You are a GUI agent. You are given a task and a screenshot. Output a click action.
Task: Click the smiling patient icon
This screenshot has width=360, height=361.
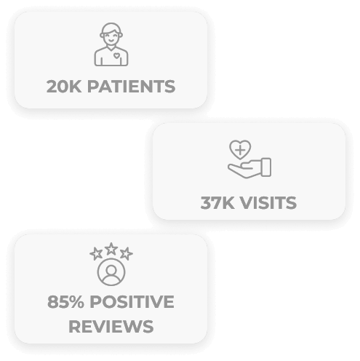pyautogui.click(x=111, y=44)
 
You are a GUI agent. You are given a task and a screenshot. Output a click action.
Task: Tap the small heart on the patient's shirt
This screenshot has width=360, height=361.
pyautogui.click(x=116, y=56)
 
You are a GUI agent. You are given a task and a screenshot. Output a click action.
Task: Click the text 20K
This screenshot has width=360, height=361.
pyautogui.click(x=64, y=87)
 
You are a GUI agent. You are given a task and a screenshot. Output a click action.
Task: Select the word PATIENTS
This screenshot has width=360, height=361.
pyautogui.click(x=131, y=87)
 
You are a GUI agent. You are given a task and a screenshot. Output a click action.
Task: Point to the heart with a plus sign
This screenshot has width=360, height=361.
pyautogui.click(x=240, y=149)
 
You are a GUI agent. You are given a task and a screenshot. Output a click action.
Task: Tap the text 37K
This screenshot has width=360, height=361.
pyautogui.click(x=217, y=203)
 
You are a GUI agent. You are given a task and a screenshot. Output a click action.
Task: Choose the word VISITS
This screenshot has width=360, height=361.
pyautogui.click(x=268, y=203)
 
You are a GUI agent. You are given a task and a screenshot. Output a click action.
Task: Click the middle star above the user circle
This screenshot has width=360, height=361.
pyautogui.click(x=111, y=249)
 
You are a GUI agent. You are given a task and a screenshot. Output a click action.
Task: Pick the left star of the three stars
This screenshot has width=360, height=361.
pyautogui.click(x=96, y=253)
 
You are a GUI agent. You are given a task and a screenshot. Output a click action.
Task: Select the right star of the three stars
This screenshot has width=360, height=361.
pyautogui.click(x=126, y=253)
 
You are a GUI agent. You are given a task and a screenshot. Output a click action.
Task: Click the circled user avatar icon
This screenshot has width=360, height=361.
pyautogui.click(x=111, y=272)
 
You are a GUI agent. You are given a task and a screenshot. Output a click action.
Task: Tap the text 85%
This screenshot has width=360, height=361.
pyautogui.click(x=65, y=302)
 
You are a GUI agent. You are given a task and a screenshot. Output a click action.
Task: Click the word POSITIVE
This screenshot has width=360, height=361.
pyautogui.click(x=132, y=302)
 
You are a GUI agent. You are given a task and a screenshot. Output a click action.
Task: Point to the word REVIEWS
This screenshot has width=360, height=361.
pyautogui.click(x=111, y=327)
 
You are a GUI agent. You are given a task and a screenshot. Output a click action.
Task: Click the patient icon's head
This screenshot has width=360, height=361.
pyautogui.click(x=111, y=34)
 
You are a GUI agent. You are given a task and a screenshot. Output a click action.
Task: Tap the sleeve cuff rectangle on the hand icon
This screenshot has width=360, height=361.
pyautogui.click(x=266, y=167)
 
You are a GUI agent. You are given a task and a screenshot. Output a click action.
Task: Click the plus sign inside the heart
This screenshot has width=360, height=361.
pyautogui.click(x=240, y=150)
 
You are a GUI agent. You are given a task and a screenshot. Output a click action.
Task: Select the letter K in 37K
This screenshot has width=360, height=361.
pyautogui.click(x=228, y=203)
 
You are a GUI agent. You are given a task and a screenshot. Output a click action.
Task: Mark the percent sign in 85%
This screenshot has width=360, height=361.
pyautogui.click(x=76, y=302)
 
